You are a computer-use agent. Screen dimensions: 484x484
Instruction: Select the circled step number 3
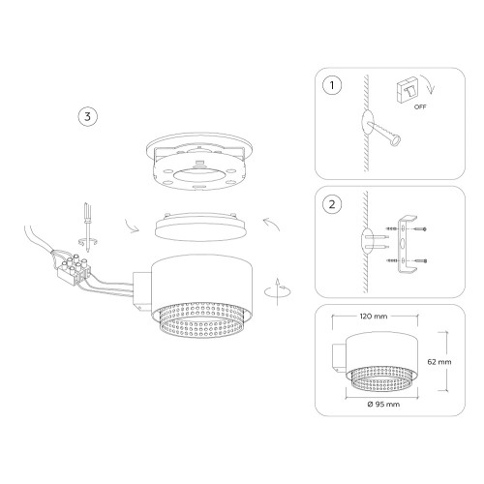pyautogui.click(x=87, y=116)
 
